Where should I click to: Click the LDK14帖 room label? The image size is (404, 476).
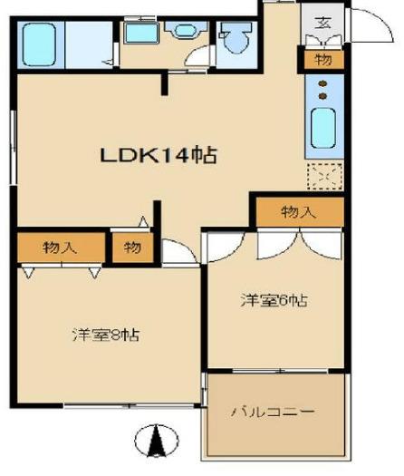point(159,155)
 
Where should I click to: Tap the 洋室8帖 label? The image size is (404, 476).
point(106,335)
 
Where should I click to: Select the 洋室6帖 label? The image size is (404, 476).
point(274,300)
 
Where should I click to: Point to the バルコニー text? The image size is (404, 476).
point(273,412)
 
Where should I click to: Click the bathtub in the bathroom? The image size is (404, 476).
point(40,44)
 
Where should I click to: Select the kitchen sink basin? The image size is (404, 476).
point(323,129)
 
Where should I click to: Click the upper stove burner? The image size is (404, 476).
point(322,83)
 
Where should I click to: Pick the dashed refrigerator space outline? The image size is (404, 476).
point(325,176)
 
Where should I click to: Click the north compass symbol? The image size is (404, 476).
point(156,441)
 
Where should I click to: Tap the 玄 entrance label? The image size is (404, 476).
point(322,23)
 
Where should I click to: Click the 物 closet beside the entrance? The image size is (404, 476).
point(324,60)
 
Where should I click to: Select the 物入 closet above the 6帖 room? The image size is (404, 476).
point(300,212)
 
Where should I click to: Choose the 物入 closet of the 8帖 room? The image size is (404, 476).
point(61,248)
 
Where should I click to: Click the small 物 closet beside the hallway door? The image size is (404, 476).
point(132,248)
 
